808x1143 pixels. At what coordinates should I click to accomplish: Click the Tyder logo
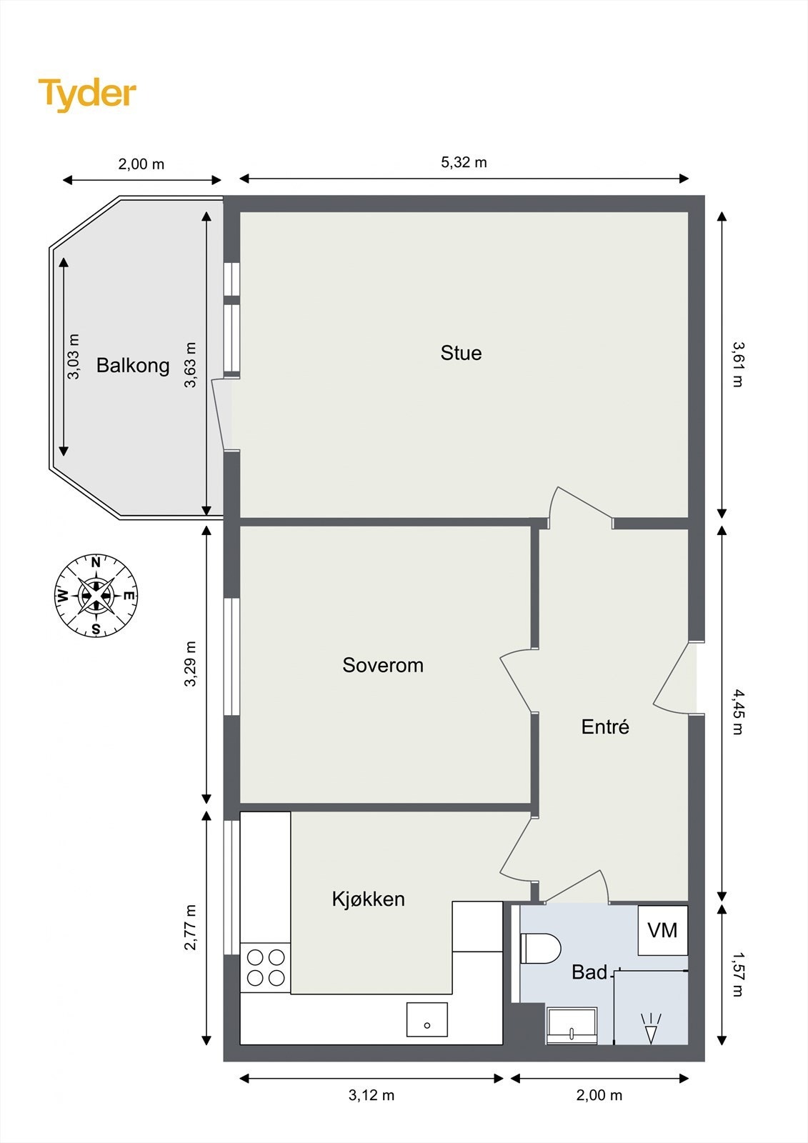click(x=87, y=94)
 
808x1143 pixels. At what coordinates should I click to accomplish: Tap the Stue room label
click(x=461, y=353)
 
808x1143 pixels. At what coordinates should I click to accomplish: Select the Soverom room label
click(x=383, y=665)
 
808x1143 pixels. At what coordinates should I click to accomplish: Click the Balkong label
click(x=133, y=366)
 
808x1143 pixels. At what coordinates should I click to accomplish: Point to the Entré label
click(x=605, y=727)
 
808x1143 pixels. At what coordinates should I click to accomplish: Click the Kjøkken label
click(x=368, y=899)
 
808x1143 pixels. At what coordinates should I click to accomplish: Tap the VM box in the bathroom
click(x=662, y=930)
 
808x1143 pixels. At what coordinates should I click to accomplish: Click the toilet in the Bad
click(x=540, y=948)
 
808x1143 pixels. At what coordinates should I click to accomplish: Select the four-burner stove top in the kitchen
click(x=266, y=967)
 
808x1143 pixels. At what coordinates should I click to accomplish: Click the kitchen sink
click(x=427, y=1019)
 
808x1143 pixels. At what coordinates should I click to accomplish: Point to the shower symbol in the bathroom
click(x=650, y=1029)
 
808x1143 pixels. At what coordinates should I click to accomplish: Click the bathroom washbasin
click(x=572, y=1025)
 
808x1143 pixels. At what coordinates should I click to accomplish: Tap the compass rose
click(x=96, y=595)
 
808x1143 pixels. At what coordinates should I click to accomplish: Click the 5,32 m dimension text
click(x=464, y=162)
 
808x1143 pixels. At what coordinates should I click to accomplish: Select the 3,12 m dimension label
click(x=371, y=1095)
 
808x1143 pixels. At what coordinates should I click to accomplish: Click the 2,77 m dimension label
click(x=190, y=927)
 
